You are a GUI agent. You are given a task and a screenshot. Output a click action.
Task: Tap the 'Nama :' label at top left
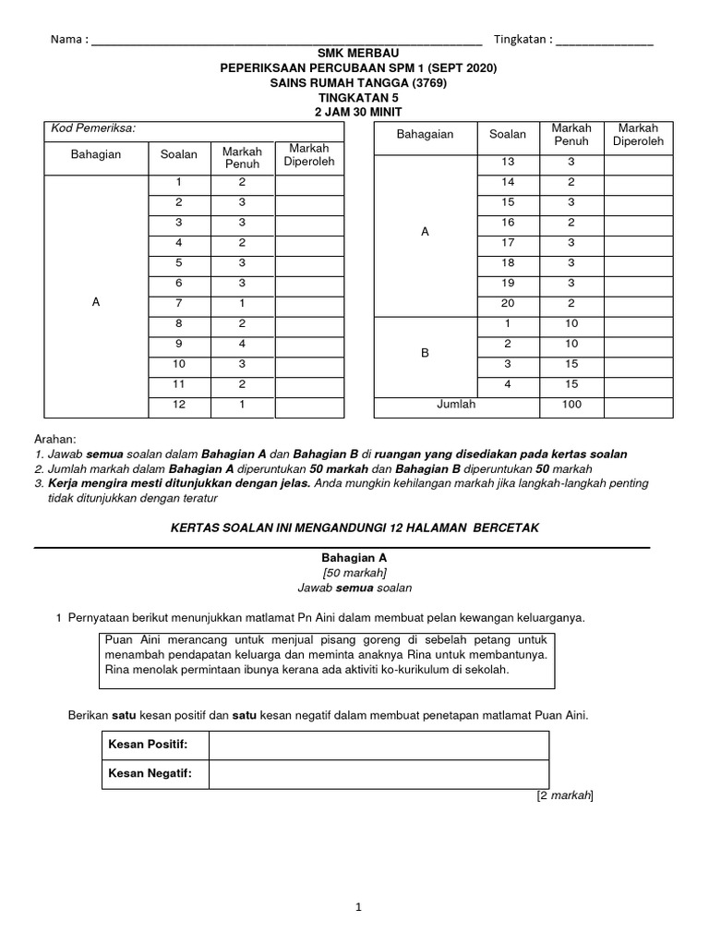pyautogui.click(x=69, y=40)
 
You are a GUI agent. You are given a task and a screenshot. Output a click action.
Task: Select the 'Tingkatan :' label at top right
pyautogui.click(x=523, y=40)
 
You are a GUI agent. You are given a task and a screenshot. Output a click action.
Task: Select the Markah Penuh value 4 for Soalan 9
pyautogui.click(x=241, y=343)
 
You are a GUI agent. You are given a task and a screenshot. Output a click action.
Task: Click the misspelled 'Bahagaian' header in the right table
pyautogui.click(x=425, y=135)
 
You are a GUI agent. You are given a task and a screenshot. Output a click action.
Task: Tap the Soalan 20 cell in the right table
pyautogui.click(x=507, y=303)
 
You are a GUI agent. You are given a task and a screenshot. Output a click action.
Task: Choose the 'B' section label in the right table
pyautogui.click(x=425, y=353)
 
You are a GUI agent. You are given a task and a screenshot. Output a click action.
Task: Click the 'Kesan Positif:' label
pyautogui.click(x=148, y=745)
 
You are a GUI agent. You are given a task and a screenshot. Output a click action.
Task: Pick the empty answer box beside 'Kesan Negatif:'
pyautogui.click(x=378, y=774)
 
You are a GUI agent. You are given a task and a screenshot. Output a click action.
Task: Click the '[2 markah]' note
pyautogui.click(x=564, y=794)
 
